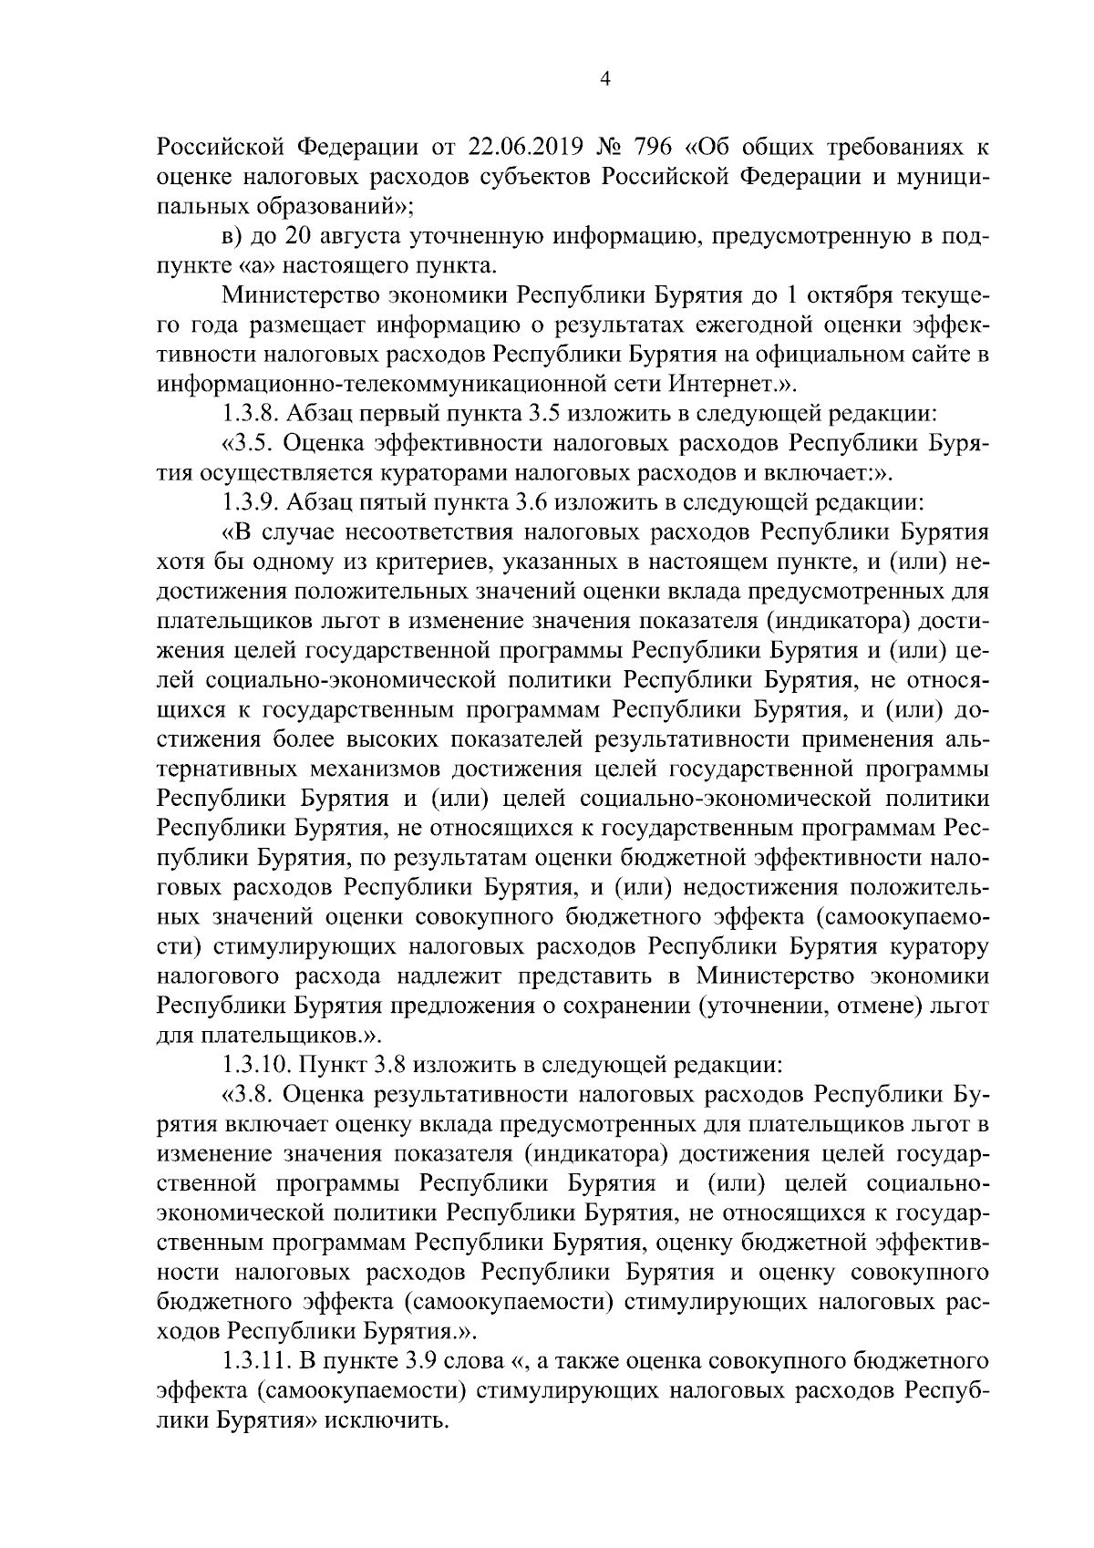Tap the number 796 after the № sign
coord(656,148)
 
